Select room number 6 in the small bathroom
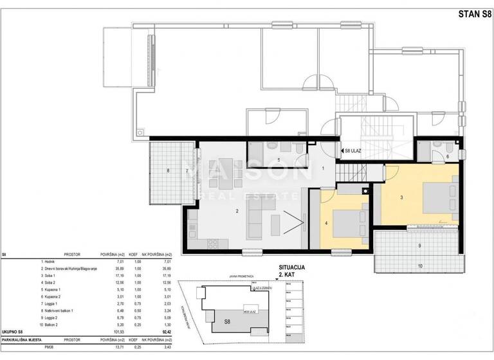coord(447,156)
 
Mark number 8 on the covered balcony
coord(168,170)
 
